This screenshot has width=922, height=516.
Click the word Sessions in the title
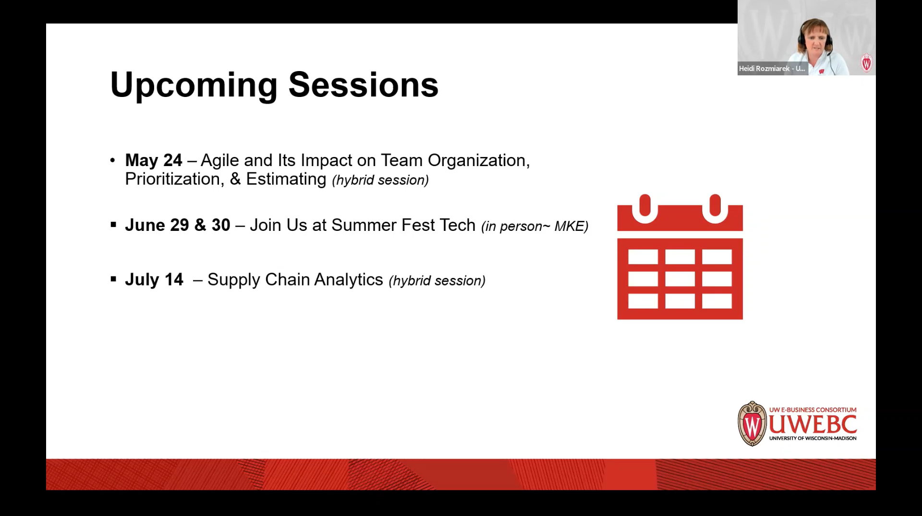coord(363,84)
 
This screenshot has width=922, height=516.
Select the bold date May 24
coord(154,160)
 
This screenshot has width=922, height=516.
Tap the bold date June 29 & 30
coord(178,225)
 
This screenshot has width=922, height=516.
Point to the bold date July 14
coord(154,279)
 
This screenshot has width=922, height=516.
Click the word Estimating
coord(286,180)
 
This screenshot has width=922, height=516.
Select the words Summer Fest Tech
coord(403,225)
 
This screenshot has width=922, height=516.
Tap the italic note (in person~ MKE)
coord(535,226)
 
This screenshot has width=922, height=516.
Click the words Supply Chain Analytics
coord(295,280)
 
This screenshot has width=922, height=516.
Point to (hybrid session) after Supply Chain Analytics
coord(437,281)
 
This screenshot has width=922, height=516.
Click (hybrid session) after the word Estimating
coord(380,180)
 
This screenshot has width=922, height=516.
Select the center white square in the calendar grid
coord(680,279)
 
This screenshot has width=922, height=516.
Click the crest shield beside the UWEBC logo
coord(752,424)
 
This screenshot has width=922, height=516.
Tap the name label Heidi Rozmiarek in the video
coord(772,69)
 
